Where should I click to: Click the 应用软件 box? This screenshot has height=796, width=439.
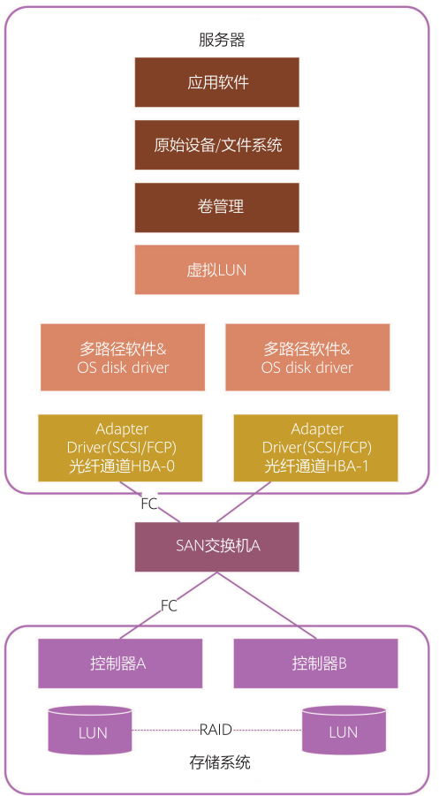217,82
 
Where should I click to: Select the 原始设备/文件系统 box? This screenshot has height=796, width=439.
217,145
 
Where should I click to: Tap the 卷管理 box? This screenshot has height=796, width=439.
217,208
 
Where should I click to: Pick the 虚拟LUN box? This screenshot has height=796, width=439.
217,269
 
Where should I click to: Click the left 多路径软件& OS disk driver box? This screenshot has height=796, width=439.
123,357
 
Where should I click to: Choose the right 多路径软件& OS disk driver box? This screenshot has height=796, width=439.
307,357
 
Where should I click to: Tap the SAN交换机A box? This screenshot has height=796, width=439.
217,546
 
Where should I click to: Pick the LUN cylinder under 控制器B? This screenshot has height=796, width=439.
344,730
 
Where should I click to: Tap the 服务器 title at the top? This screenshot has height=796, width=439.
221,40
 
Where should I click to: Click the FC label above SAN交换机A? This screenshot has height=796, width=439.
149,504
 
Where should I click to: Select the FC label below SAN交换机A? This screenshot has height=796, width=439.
169,606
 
